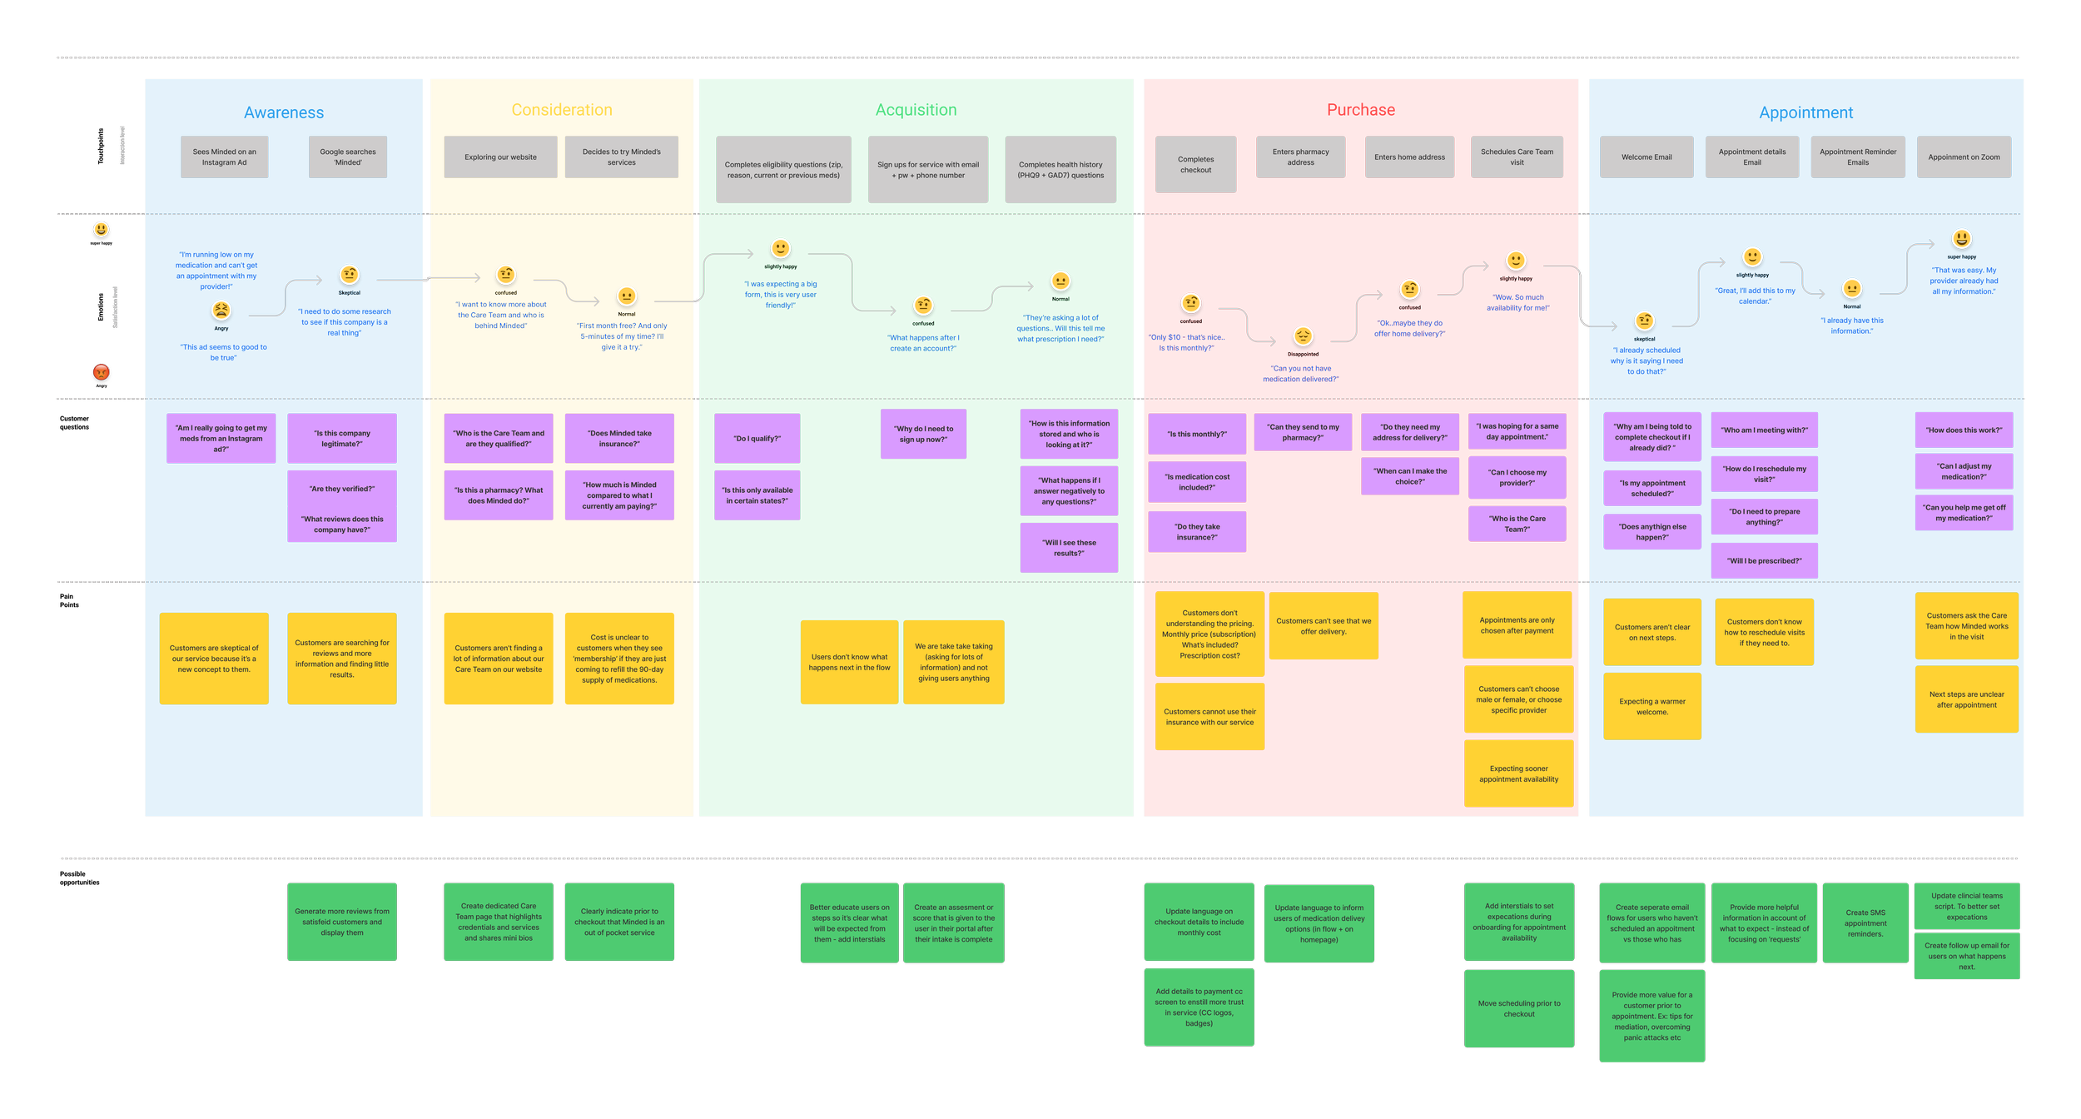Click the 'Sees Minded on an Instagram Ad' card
pos(224,157)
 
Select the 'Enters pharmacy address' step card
pos(1300,157)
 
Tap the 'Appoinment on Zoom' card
pos(1964,157)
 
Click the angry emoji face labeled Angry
pos(221,311)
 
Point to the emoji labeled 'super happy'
pos(1961,240)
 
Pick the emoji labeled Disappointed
pos(1303,336)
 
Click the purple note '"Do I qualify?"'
pos(757,438)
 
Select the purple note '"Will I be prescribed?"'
pos(1764,560)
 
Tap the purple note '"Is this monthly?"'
pos(1196,434)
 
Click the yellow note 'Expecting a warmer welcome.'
pos(1651,706)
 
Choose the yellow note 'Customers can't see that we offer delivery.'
pos(1323,625)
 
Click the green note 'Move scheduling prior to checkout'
pos(1518,1008)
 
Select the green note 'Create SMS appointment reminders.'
pos(1865,923)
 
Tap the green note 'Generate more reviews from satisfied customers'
pos(341,922)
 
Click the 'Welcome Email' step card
pos(1646,157)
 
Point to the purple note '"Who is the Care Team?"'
pos(1517,524)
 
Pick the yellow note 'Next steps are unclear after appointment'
pos(1966,699)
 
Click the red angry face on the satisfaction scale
pos(102,373)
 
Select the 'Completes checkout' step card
pos(1195,164)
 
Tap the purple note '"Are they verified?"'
pos(341,489)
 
